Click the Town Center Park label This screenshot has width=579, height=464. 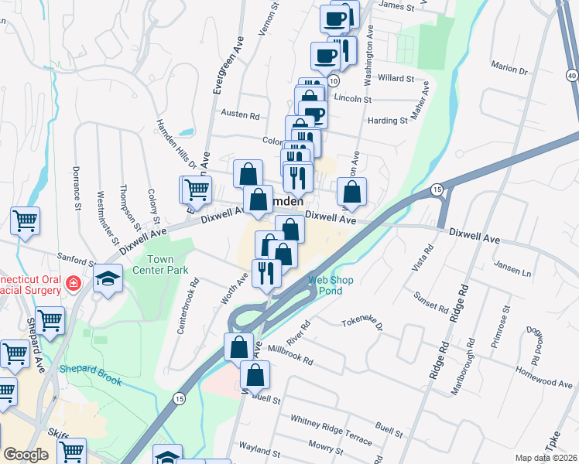pyautogui.click(x=160, y=265)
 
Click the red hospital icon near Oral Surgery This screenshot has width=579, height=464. pyautogui.click(x=74, y=284)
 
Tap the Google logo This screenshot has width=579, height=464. pyautogui.click(x=26, y=455)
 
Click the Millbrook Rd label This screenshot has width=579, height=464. pyautogui.click(x=290, y=355)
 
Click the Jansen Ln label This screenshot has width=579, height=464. pyautogui.click(x=516, y=273)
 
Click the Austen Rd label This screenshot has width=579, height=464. pyautogui.click(x=240, y=114)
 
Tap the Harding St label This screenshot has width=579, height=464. pyautogui.click(x=388, y=121)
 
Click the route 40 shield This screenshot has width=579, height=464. pyautogui.click(x=571, y=74)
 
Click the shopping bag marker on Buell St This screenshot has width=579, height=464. pyautogui.click(x=255, y=375)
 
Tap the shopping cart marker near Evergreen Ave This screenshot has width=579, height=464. pyautogui.click(x=197, y=188)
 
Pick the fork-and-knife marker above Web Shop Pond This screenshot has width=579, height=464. pyautogui.click(x=266, y=273)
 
